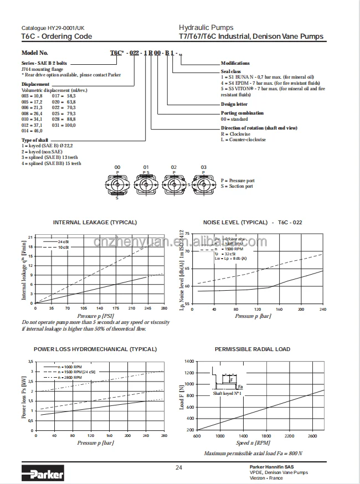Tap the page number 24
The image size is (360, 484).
[x=179, y=468]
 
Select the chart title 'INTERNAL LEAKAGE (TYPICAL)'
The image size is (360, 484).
[x=95, y=222]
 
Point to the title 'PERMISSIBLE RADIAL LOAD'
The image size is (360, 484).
[x=253, y=349]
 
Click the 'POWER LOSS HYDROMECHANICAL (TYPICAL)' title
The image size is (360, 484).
[x=95, y=349]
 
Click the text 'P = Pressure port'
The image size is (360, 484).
[x=238, y=181]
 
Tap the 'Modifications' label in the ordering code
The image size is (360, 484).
[x=235, y=63]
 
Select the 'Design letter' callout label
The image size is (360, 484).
[x=234, y=104]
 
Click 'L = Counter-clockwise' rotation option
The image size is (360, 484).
[x=243, y=140]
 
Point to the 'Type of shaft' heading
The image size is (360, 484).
[x=34, y=140]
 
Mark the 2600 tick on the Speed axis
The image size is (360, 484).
[x=312, y=436]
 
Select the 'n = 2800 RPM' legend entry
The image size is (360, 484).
[x=70, y=377]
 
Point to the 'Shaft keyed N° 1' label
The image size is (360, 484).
[x=228, y=393]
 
